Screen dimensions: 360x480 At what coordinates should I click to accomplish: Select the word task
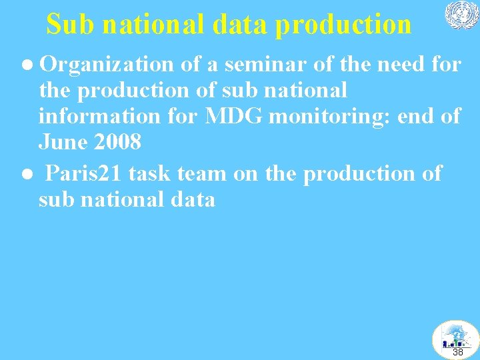pyautogui.click(x=148, y=173)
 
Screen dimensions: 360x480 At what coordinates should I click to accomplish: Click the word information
pyautogui.click(x=97, y=116)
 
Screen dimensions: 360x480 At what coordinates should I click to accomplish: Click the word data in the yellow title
pyautogui.click(x=241, y=25)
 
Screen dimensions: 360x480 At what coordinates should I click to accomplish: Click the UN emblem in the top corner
pyautogui.click(x=461, y=15)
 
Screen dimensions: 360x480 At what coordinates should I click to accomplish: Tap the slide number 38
pyautogui.click(x=458, y=351)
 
